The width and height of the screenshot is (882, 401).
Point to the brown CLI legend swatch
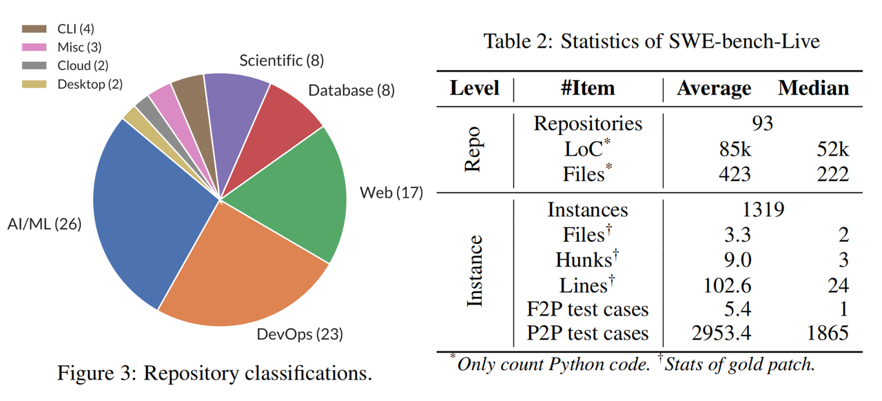pyautogui.click(x=34, y=29)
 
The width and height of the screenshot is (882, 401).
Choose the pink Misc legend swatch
pyautogui.click(x=34, y=48)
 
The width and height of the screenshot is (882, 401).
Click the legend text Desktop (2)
pyautogui.click(x=90, y=84)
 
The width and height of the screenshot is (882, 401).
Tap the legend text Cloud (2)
pyautogui.click(x=83, y=66)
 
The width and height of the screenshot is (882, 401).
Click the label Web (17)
pyautogui.click(x=391, y=192)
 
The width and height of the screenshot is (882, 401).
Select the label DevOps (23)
pyautogui.click(x=300, y=335)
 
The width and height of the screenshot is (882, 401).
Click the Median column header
pyautogui.click(x=814, y=88)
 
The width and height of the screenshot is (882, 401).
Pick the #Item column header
pyautogui.click(x=588, y=88)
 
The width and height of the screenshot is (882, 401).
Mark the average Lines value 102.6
pyautogui.click(x=723, y=285)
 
